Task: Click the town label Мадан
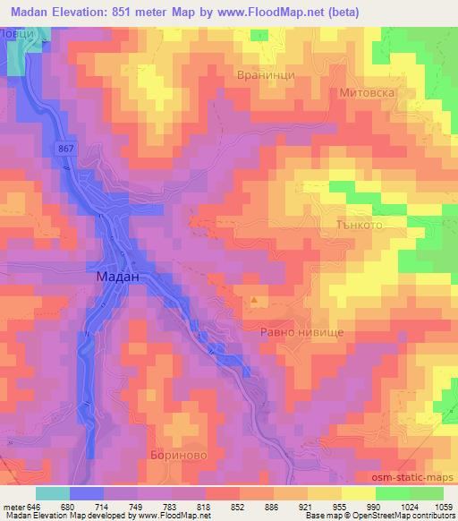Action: coord(117,278)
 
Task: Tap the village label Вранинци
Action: coord(266,77)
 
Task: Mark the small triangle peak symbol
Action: coord(254,301)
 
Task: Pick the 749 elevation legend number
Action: coord(135,507)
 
